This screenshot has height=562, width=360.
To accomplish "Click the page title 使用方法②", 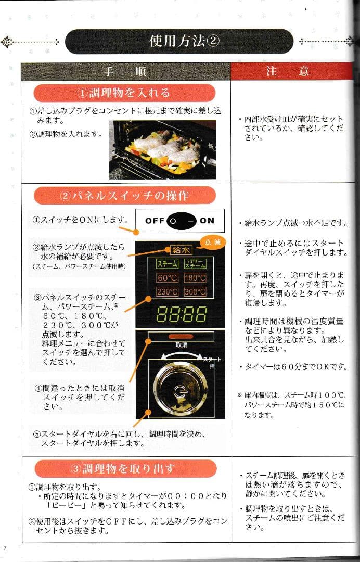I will tap(184, 41).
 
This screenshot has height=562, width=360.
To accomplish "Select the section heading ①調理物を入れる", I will tap(124, 93).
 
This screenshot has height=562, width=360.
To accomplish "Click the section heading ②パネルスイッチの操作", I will tap(124, 196).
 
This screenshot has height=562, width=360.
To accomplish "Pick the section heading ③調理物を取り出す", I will tap(124, 468).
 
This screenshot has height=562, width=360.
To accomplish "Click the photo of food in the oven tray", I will tap(161, 149).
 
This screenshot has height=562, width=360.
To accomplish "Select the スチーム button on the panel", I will tap(167, 264).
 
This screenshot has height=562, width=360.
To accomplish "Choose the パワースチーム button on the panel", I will tap(195, 264).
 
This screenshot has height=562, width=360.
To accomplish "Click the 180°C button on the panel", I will tap(195, 278).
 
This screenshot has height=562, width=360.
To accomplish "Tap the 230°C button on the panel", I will tap(167, 292).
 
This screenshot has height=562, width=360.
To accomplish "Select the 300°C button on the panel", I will tap(195, 292).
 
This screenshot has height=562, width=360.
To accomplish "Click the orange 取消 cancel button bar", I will tap(181, 337).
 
